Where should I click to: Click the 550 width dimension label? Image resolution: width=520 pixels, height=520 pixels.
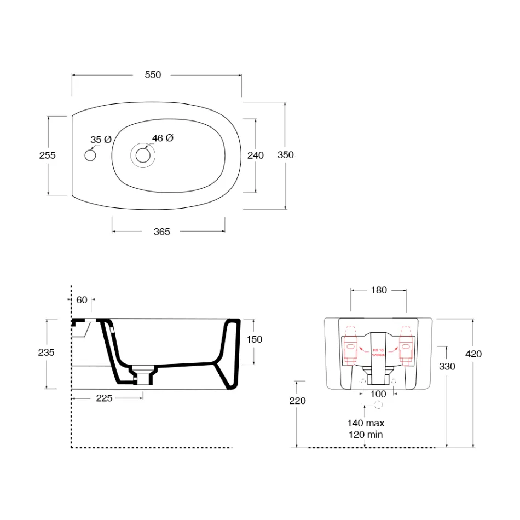(x=153, y=75)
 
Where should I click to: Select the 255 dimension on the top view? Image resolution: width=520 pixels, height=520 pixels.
(x=48, y=155)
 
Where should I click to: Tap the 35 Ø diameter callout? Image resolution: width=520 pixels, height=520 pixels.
(x=101, y=140)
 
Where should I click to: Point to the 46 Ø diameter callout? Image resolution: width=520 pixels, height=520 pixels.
(x=163, y=138)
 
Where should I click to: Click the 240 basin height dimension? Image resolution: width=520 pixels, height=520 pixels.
(x=256, y=155)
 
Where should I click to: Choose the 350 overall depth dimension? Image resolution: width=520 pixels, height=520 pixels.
(x=285, y=155)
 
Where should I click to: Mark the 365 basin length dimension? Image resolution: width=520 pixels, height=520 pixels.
(x=161, y=232)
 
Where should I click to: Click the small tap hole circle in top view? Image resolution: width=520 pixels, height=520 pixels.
(x=90, y=156)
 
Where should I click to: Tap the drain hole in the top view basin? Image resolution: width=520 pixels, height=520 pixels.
(x=143, y=156)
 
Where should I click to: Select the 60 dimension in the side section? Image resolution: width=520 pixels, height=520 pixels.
(x=82, y=299)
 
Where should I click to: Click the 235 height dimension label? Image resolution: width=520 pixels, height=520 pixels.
(x=47, y=353)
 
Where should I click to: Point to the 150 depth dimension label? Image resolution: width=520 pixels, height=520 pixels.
(x=254, y=339)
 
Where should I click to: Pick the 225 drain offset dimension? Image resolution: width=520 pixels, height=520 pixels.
(x=104, y=398)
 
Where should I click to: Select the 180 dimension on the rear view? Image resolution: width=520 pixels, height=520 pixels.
(x=378, y=290)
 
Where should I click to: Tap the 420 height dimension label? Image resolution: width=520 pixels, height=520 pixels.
(x=473, y=354)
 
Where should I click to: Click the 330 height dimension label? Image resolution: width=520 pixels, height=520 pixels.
(x=447, y=366)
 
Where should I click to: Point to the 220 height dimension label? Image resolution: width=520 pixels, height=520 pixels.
(x=297, y=401)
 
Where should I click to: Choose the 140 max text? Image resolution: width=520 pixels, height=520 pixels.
(x=365, y=423)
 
